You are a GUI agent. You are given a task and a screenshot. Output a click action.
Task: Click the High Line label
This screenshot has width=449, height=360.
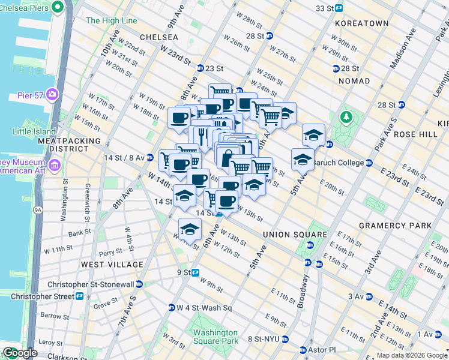pyautogui.click(x=111, y=20)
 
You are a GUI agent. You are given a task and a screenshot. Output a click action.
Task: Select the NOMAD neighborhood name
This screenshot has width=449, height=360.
pyautogui.click(x=354, y=81)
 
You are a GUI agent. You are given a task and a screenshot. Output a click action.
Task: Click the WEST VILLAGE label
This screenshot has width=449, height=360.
pyautogui.click(x=112, y=265)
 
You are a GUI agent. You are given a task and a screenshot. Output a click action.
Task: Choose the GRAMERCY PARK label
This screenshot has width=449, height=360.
pyautogui.click(x=395, y=226)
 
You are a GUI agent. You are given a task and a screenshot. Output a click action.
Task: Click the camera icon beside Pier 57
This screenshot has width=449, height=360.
pyautogui.click(x=53, y=94)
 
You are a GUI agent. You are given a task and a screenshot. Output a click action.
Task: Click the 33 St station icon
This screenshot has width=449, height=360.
pyautogui.click(x=339, y=8)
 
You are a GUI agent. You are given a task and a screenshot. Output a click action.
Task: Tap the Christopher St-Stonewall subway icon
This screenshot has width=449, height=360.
pyautogui.click(x=139, y=284)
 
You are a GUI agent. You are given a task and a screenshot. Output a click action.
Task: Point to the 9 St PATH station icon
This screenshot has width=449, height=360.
pyautogui.click(x=195, y=272)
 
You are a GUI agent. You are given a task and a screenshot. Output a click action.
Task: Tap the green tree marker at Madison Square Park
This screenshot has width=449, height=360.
pyautogui.click(x=346, y=116)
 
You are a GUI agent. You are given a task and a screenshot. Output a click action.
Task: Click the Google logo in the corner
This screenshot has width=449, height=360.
pyautogui.click(x=20, y=353)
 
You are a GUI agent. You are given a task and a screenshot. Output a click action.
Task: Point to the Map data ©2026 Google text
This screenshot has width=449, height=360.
pyautogui.click(x=411, y=355)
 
